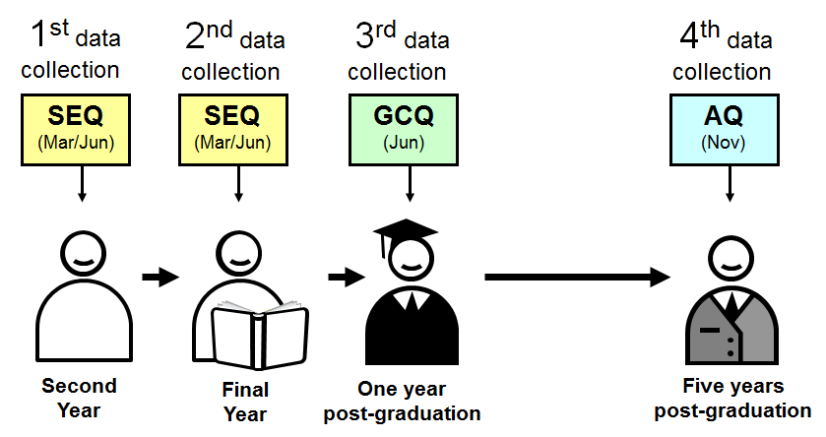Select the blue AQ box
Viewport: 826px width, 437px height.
point(729,128)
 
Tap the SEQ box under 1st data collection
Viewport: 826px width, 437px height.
point(82,128)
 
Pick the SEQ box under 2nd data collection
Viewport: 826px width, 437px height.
point(236,128)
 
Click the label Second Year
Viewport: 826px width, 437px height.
point(79,397)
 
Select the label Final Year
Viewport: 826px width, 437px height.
point(239,402)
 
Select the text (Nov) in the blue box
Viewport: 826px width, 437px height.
point(729,144)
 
